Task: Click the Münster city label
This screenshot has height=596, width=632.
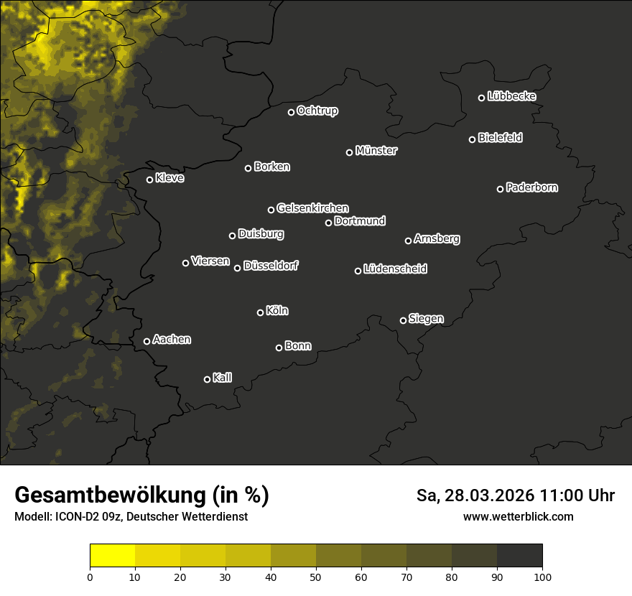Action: click(376, 151)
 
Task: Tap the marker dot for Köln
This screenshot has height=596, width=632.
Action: click(260, 312)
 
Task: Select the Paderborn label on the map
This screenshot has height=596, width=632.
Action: click(532, 187)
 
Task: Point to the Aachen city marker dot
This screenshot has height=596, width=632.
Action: click(147, 341)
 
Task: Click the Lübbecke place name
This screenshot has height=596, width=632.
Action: click(511, 96)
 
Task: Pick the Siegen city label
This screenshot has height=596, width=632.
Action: click(426, 319)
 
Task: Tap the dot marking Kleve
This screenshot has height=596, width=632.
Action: click(149, 180)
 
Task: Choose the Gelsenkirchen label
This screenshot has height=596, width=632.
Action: click(312, 208)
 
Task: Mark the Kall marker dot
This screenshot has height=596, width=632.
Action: click(207, 379)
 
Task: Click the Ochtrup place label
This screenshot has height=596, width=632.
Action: click(317, 111)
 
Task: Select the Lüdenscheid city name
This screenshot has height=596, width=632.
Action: click(396, 269)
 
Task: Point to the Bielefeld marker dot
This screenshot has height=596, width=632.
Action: click(472, 139)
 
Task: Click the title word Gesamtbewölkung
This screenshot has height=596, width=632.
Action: click(109, 495)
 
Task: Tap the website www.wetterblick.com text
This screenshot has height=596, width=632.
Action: click(519, 516)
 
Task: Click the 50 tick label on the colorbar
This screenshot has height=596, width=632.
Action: click(316, 576)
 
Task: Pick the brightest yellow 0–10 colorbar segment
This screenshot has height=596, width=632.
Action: click(112, 556)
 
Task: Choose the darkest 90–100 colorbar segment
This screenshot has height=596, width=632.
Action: click(519, 556)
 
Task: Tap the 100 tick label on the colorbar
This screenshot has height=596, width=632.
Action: click(542, 576)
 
